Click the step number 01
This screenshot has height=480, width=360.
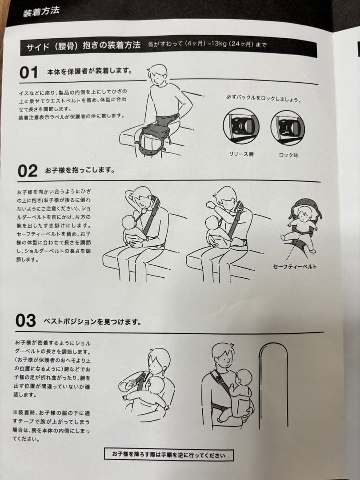(28, 73)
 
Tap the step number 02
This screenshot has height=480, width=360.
(28, 171)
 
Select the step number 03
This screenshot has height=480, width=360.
(26, 320)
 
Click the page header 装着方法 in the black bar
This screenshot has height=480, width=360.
(41, 12)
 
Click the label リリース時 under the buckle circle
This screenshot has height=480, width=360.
(241, 154)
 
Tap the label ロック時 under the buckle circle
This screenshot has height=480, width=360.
(288, 155)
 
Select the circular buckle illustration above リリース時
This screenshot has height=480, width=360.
(241, 126)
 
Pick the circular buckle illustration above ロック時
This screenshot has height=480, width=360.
(288, 128)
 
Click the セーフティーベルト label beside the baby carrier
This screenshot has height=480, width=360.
(295, 266)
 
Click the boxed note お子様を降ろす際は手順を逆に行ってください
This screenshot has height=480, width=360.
(169, 455)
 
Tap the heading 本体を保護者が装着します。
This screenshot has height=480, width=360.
(90, 71)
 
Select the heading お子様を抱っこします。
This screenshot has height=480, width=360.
(80, 170)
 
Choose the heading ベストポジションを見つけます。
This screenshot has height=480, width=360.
(92, 321)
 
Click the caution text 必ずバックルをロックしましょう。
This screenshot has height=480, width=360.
(264, 99)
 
